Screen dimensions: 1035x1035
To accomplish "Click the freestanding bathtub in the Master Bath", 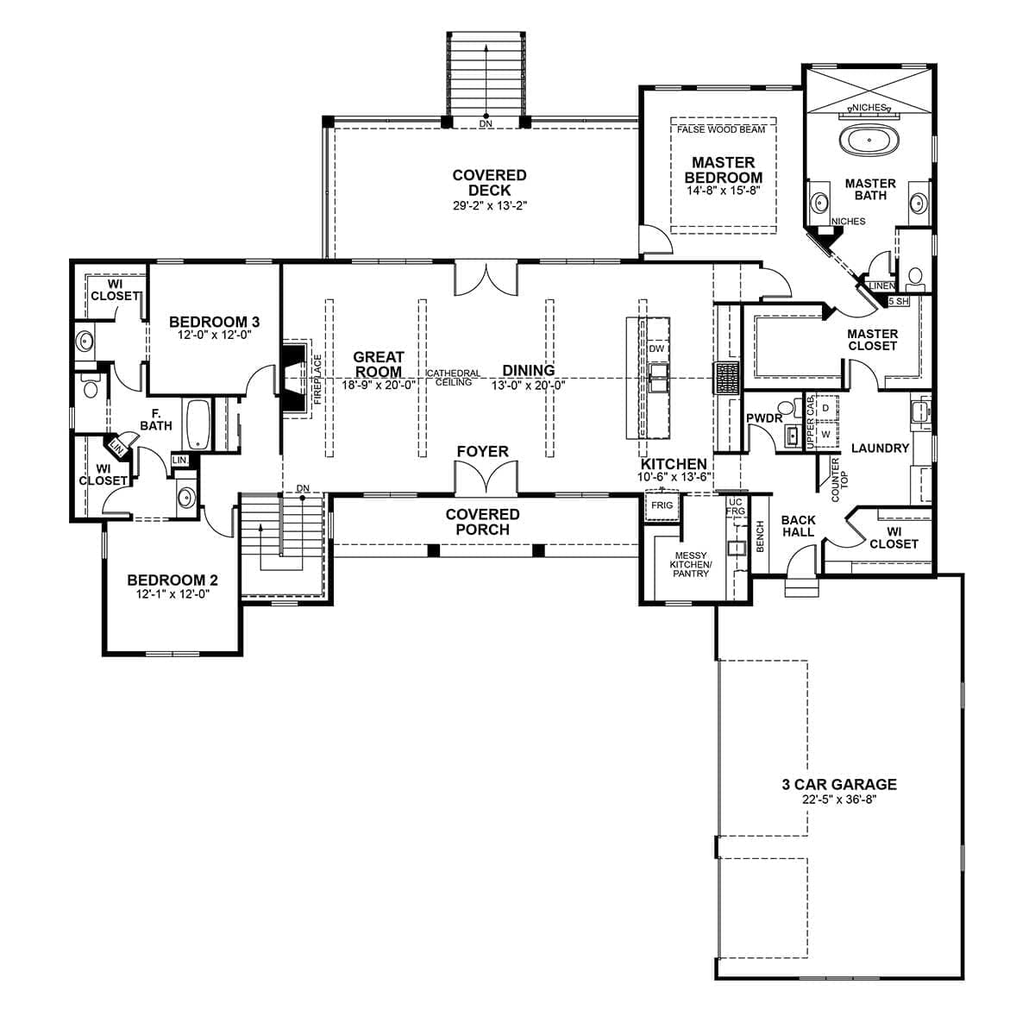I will [x=868, y=141].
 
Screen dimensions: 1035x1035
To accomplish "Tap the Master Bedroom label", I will [x=723, y=170].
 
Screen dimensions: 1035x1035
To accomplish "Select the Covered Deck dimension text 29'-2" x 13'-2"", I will [x=489, y=206].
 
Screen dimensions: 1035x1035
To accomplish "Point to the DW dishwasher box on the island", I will [x=656, y=349].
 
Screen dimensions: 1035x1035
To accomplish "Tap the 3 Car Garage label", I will [x=838, y=785].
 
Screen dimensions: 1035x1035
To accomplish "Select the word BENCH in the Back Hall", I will [x=760, y=536].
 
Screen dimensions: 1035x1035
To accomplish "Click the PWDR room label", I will [x=763, y=418].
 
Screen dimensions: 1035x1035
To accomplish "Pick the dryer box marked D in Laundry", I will [x=825, y=407].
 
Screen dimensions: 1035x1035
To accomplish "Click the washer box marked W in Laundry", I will [x=825, y=435].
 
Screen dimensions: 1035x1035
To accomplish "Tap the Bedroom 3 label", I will [x=214, y=322].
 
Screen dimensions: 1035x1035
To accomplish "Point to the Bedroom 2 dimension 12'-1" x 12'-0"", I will [x=172, y=594].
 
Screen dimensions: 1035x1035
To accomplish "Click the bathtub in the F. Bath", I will [x=198, y=424].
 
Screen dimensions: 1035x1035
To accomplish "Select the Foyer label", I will [x=482, y=451].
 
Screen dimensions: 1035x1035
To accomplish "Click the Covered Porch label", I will [x=482, y=522].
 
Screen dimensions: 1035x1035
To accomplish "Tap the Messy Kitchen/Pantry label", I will [x=691, y=564].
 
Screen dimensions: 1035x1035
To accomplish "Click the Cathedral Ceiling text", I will [x=454, y=378].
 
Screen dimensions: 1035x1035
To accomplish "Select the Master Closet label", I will [x=872, y=340].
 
